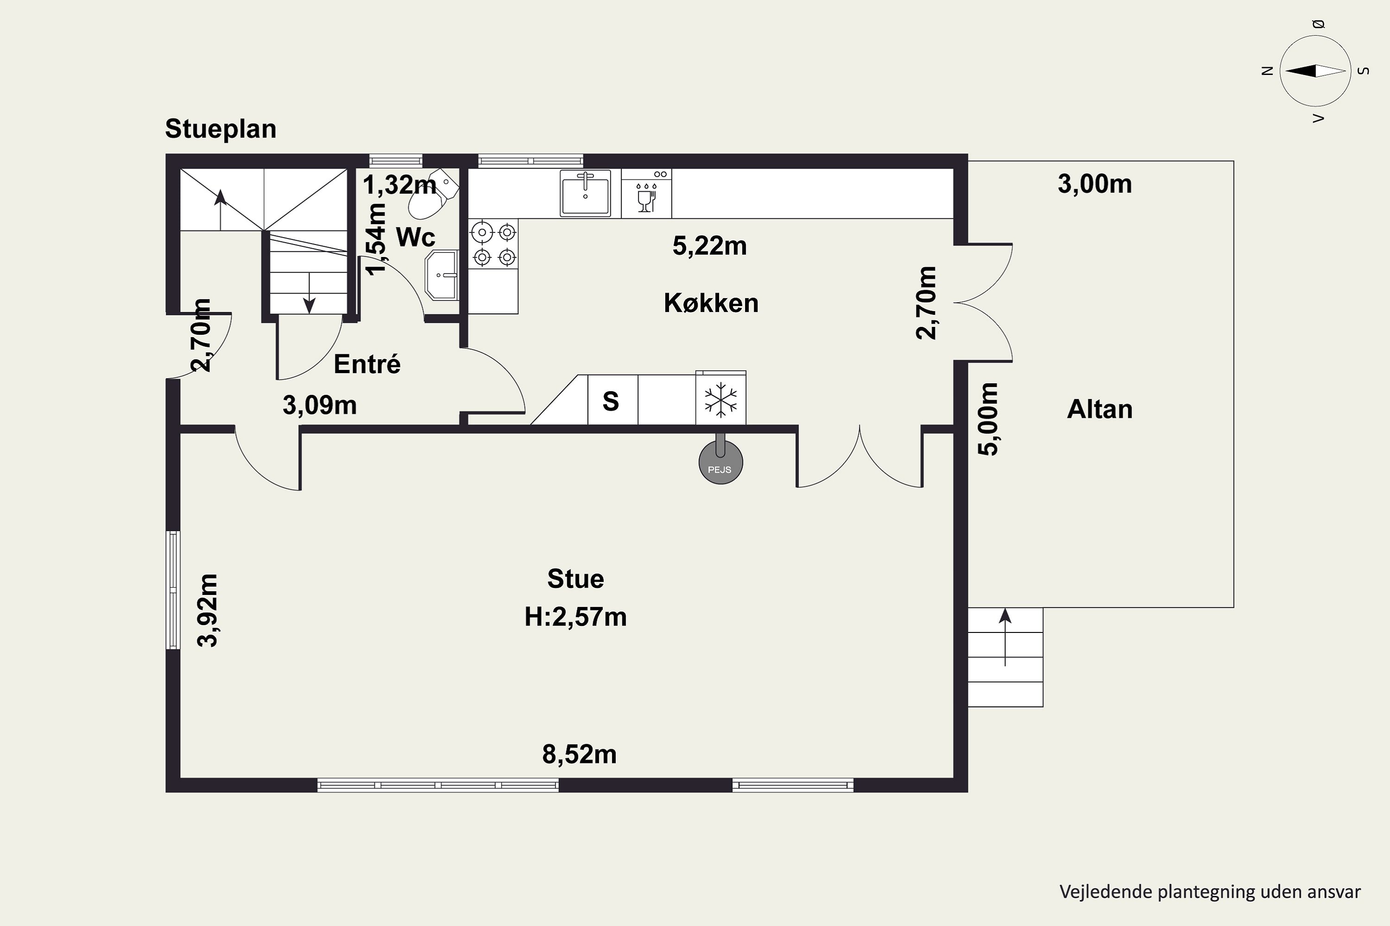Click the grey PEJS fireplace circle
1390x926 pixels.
(x=720, y=463)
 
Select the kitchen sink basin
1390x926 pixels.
(x=585, y=193)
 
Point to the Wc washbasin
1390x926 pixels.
(x=442, y=275)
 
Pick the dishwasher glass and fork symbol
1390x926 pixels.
(x=645, y=197)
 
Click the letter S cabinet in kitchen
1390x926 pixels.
(x=611, y=401)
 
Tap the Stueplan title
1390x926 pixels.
(x=221, y=129)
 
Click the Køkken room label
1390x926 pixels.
(x=711, y=303)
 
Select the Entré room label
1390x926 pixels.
(x=367, y=364)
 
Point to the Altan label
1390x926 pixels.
(x=1100, y=409)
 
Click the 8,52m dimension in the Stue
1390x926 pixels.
(x=579, y=755)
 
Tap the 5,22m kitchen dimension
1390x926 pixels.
(x=710, y=246)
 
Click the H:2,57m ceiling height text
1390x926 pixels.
(x=575, y=617)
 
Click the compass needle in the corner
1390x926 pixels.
(x=1315, y=71)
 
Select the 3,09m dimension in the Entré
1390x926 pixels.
(x=320, y=405)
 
